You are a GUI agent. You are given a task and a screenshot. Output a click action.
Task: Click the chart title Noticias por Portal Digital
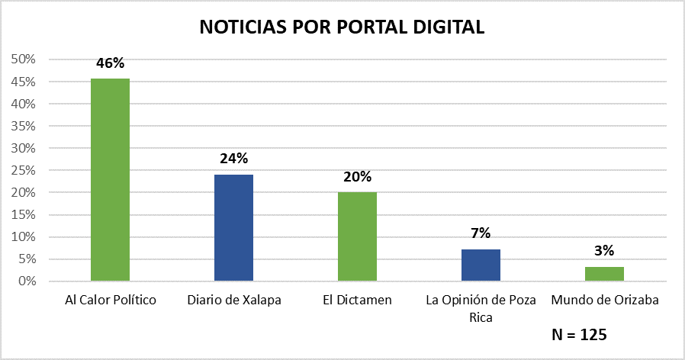tap(342, 27)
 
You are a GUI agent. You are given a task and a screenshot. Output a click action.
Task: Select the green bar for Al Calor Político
tap(110, 179)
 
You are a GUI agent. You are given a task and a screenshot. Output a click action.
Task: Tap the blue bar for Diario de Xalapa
tap(233, 227)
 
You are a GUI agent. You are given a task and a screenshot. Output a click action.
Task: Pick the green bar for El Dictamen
tap(357, 236)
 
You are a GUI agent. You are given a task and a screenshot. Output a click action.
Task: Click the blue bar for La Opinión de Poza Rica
tap(481, 265)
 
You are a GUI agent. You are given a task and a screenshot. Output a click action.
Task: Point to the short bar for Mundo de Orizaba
tap(604, 274)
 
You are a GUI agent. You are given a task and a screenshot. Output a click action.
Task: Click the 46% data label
tap(110, 63)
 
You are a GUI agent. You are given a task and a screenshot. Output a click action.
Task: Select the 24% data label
tap(233, 159)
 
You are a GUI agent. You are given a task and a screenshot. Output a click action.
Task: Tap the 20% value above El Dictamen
tap(357, 177)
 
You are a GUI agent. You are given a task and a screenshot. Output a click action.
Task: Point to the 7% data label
tap(481, 233)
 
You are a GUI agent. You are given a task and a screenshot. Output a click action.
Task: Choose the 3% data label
tap(604, 250)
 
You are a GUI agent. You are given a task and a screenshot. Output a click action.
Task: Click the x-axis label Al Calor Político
tap(110, 300)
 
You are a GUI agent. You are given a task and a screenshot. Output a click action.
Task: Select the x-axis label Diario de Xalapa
tap(233, 300)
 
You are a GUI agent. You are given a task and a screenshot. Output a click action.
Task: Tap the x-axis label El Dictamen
tap(357, 300)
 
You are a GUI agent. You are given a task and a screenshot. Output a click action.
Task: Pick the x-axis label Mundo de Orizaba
tap(604, 300)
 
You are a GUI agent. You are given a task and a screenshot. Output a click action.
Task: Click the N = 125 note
tap(579, 334)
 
